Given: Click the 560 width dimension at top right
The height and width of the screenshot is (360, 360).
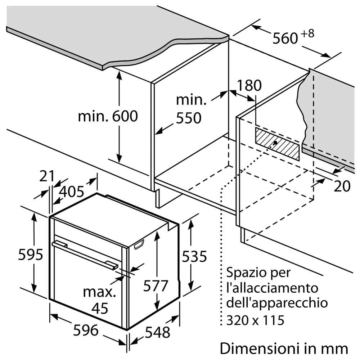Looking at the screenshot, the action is coord(285,38).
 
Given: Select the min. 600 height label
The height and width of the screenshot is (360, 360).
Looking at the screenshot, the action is coord(108,116).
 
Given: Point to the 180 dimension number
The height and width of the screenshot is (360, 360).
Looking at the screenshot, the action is coord(249,85).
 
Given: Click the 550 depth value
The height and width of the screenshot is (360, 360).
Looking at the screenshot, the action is coord(189,118).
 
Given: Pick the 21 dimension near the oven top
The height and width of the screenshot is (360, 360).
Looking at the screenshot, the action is coord(46,176).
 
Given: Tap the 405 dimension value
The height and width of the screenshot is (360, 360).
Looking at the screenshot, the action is coord(72,192).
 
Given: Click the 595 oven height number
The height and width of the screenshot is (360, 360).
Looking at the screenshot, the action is coord(31,255).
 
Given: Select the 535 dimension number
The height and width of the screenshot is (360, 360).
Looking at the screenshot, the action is coord(194,256).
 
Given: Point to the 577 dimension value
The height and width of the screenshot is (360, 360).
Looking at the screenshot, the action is coord(156,286).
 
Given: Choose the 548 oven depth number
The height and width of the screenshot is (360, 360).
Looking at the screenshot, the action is coord(158,332).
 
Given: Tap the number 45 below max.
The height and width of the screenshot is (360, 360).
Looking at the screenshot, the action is coord(100,309).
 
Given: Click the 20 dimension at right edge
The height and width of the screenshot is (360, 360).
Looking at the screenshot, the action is coord(342,186).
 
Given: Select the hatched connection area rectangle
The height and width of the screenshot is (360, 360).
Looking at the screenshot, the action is coord(277,144).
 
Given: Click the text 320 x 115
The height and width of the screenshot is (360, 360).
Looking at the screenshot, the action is coord(255,320).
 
